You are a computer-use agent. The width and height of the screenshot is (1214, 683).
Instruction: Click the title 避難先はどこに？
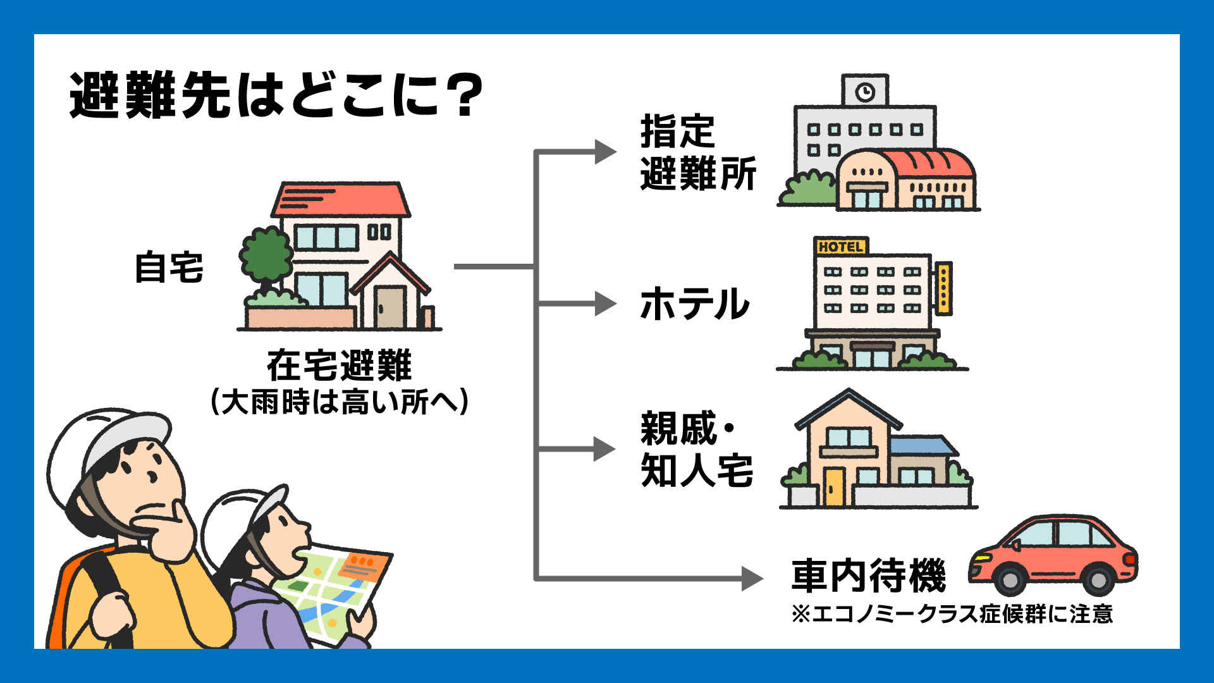click(x=276, y=96)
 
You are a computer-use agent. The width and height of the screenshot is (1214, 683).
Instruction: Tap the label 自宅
click(x=169, y=268)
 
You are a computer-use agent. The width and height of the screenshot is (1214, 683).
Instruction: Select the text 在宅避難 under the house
click(x=339, y=366)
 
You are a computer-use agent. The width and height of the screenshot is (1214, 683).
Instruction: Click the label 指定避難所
click(x=697, y=152)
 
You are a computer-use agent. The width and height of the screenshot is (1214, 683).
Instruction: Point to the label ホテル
click(x=694, y=304)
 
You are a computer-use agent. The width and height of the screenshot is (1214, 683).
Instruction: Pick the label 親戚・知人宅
click(x=696, y=450)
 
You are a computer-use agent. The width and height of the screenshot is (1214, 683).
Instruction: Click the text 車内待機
click(x=868, y=575)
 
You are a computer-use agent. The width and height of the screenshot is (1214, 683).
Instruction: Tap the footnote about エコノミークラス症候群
click(x=952, y=614)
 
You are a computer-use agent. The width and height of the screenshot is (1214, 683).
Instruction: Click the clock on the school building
click(x=865, y=92)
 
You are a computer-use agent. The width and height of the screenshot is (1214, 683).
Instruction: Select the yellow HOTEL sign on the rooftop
click(x=840, y=247)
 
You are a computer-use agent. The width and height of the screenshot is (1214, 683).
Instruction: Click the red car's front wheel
click(x=1009, y=579)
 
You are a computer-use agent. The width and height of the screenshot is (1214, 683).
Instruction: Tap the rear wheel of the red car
click(x=1098, y=579)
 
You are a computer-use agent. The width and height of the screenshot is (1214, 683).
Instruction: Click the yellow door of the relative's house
click(x=834, y=486)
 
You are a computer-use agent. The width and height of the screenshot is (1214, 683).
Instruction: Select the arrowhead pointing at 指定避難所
click(x=605, y=152)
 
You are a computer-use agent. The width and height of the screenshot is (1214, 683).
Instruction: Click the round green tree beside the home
click(x=266, y=255)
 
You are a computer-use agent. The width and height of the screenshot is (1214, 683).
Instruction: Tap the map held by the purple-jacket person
click(x=332, y=591)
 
